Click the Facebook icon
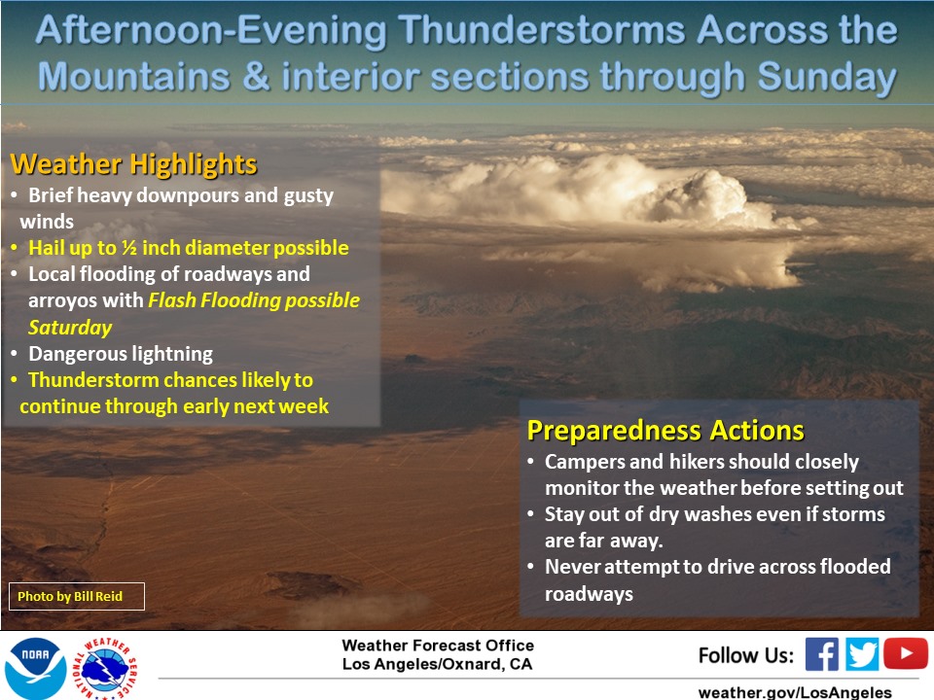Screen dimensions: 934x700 click(821, 654)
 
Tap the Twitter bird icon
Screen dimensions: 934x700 click(861, 654)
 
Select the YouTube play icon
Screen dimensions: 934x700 click(906, 653)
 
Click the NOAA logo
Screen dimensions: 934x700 click(36, 667)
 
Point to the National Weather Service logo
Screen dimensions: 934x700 click(105, 668)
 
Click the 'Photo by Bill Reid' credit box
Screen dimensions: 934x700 click(77, 596)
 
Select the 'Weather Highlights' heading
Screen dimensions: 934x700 click(133, 163)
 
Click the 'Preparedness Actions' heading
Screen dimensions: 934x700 click(665, 431)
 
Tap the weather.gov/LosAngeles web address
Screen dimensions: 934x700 click(795, 692)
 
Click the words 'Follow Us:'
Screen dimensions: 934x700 click(746, 655)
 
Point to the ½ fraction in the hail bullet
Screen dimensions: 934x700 click(128, 248)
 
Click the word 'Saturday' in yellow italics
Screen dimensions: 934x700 click(70, 328)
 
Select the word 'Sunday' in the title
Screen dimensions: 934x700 click(827, 78)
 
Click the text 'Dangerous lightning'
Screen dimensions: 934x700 click(121, 354)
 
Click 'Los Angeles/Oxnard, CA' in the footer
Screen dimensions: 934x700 click(437, 664)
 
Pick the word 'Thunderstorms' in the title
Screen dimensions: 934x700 click(542, 30)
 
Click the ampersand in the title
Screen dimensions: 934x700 click(256, 78)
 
